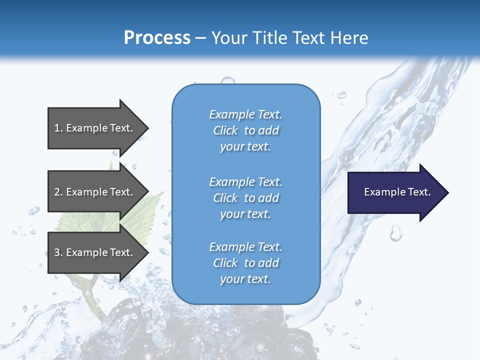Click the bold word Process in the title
[157, 38]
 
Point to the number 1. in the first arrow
[58, 128]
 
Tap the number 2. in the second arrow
[58, 192]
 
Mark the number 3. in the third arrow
[58, 252]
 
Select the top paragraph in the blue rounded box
[245, 130]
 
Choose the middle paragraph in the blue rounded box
[245, 198]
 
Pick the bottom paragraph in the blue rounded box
[245, 263]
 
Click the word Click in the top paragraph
[225, 130]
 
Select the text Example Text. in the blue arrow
[397, 192]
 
